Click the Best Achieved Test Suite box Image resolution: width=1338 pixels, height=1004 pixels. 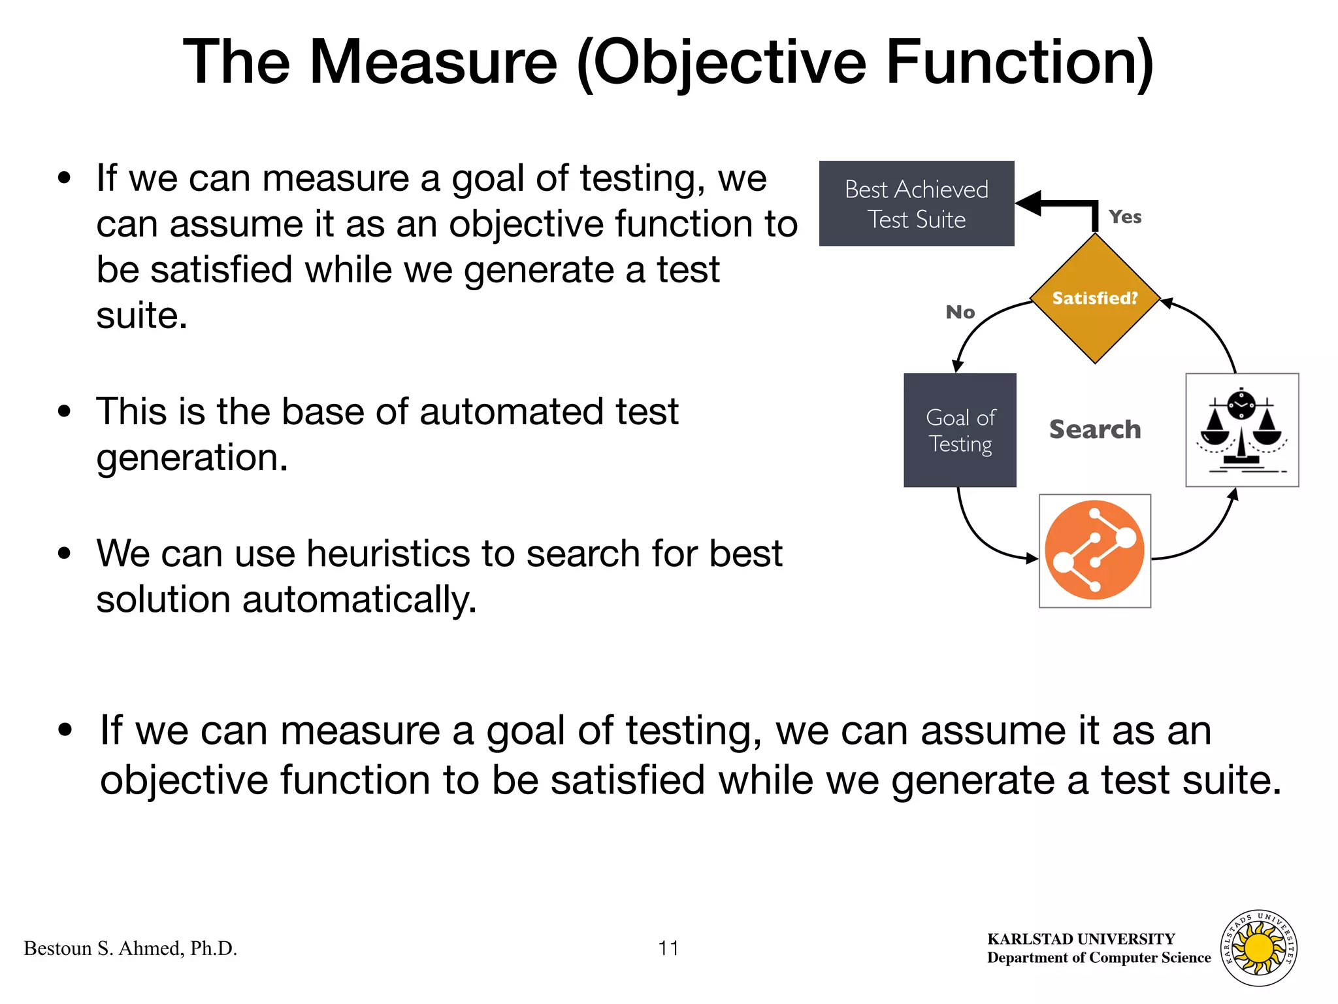click(916, 203)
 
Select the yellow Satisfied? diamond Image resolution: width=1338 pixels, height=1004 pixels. click(1094, 298)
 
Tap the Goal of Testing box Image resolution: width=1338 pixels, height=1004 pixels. click(960, 430)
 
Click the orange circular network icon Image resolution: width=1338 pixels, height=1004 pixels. click(1094, 550)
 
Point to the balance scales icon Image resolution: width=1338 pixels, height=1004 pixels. click(1241, 430)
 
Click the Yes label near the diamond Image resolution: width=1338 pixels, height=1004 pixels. click(1124, 217)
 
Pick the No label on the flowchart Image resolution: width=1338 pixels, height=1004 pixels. click(960, 312)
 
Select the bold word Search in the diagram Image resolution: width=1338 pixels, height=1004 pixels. click(1094, 429)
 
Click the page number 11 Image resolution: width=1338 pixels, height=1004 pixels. click(668, 948)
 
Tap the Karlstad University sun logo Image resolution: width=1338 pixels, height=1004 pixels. click(1259, 948)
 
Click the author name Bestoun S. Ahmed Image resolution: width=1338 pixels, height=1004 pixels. click(131, 948)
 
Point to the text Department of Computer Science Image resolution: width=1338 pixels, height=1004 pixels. click(1098, 958)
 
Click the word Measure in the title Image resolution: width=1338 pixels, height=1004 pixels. click(433, 62)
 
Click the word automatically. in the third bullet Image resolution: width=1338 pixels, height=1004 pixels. click(359, 599)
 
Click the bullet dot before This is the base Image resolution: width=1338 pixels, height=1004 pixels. click(64, 412)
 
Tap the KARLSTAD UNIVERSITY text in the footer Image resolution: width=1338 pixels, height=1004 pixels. click(1081, 939)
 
